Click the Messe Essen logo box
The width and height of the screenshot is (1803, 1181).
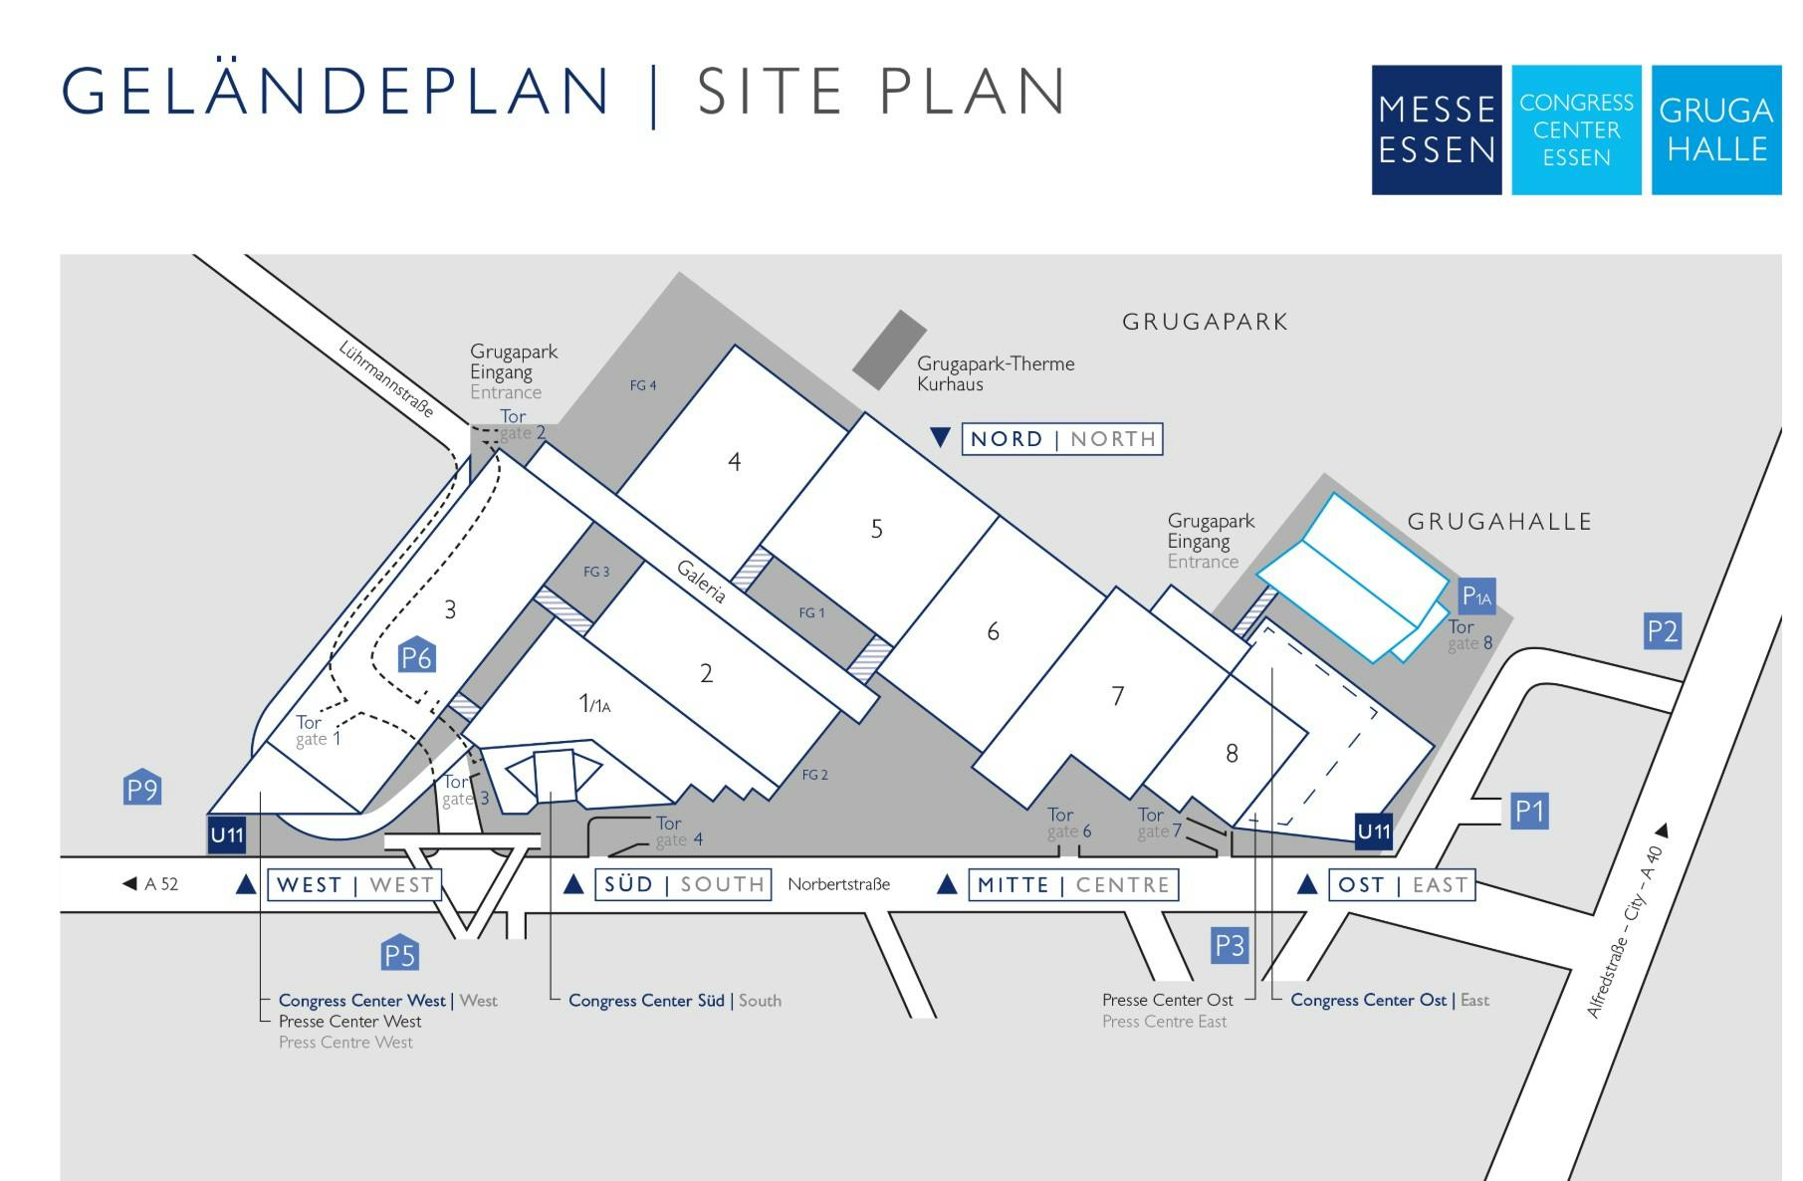(x=1436, y=129)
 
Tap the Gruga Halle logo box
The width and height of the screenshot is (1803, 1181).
(x=1716, y=129)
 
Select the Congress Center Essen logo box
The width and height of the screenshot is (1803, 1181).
(x=1576, y=129)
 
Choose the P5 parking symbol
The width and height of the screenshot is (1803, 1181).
(x=399, y=952)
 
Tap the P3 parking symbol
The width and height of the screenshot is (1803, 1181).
(x=1230, y=944)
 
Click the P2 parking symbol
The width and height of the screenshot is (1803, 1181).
(x=1663, y=631)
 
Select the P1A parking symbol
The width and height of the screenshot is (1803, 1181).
(x=1476, y=596)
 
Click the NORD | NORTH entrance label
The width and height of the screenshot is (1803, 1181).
(x=1062, y=439)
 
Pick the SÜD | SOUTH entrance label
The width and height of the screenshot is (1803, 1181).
(x=683, y=884)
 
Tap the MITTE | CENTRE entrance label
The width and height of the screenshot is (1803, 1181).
(x=1073, y=884)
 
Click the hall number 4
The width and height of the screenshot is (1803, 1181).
(x=735, y=461)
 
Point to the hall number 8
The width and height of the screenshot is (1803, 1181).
(x=1232, y=753)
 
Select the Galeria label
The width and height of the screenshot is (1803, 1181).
(x=701, y=581)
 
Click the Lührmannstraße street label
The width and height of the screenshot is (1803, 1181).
(x=386, y=379)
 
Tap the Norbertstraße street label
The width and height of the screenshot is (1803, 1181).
(x=838, y=884)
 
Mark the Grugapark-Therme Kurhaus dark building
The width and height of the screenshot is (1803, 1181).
(x=889, y=350)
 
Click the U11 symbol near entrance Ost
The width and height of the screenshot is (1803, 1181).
(x=1374, y=831)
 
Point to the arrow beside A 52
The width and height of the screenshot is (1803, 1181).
(x=129, y=883)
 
